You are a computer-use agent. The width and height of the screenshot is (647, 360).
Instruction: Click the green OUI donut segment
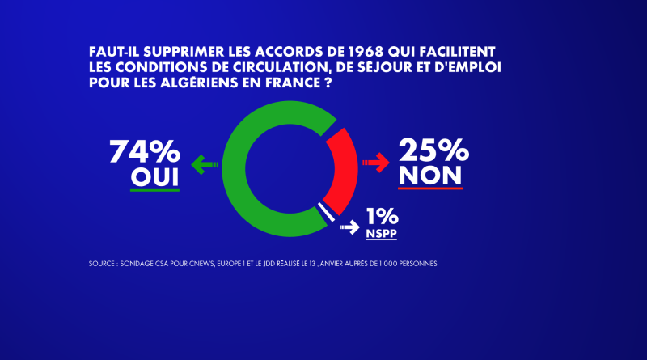tap(234, 169)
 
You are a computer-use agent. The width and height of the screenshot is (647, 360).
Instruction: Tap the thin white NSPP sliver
tap(326, 212)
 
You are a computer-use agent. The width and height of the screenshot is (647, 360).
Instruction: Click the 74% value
tap(145, 151)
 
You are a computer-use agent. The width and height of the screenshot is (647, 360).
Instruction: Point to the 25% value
tap(433, 150)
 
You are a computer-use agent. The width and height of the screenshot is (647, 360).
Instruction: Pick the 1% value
tap(382, 216)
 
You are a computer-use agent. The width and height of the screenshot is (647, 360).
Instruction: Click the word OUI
tap(154, 177)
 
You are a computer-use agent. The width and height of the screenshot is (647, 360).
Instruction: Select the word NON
tap(430, 176)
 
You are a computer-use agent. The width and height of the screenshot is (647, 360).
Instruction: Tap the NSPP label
tap(381, 233)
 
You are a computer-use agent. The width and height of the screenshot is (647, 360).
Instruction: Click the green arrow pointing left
tap(205, 165)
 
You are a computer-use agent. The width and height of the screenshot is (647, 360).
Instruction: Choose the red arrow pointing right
tap(376, 163)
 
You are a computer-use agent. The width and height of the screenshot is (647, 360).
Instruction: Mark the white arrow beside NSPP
tap(350, 227)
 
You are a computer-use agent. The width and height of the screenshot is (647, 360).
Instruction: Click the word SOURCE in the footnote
tap(102, 264)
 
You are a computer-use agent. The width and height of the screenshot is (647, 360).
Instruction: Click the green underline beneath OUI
tap(154, 190)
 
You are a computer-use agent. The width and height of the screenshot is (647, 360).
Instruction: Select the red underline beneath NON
tap(430, 188)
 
